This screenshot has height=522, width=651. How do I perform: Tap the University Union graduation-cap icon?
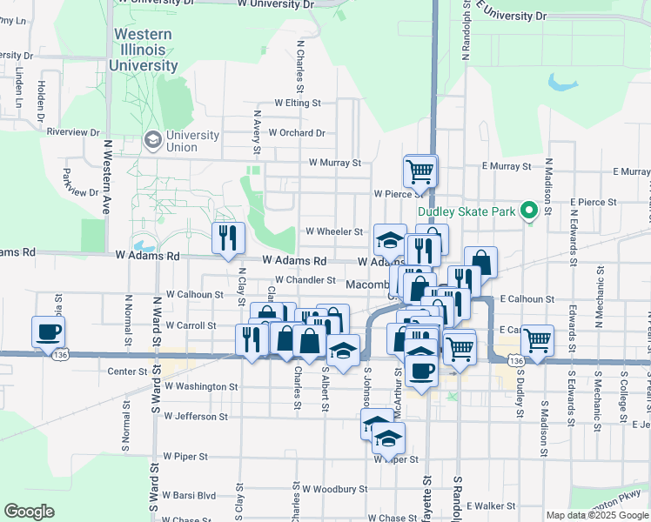(x=153, y=140)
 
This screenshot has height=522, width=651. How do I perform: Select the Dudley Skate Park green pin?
(x=527, y=211)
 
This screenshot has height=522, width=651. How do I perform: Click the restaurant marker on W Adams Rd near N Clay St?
(x=228, y=239)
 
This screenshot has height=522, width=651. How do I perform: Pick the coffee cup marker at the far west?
(x=48, y=332)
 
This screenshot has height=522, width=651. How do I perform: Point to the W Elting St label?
(x=298, y=103)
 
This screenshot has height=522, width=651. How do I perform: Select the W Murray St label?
(x=334, y=163)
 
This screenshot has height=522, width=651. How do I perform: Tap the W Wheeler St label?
(x=334, y=231)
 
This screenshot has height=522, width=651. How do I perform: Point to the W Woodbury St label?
(x=324, y=489)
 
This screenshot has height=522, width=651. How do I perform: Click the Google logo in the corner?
(x=29, y=512)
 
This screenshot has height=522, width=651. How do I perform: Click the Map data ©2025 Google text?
(x=597, y=515)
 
